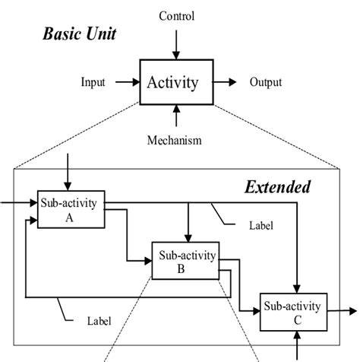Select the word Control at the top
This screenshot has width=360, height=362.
tap(176, 16)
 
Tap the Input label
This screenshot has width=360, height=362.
tap(93, 82)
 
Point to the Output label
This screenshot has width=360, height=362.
tap(266, 82)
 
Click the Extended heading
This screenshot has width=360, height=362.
tap(276, 186)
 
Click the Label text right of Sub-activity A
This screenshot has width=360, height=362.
tap(260, 226)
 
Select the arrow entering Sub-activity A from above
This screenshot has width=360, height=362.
tap(68, 171)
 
